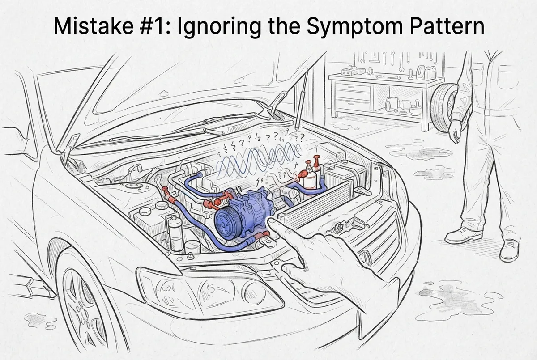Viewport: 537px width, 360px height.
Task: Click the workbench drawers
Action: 353,95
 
